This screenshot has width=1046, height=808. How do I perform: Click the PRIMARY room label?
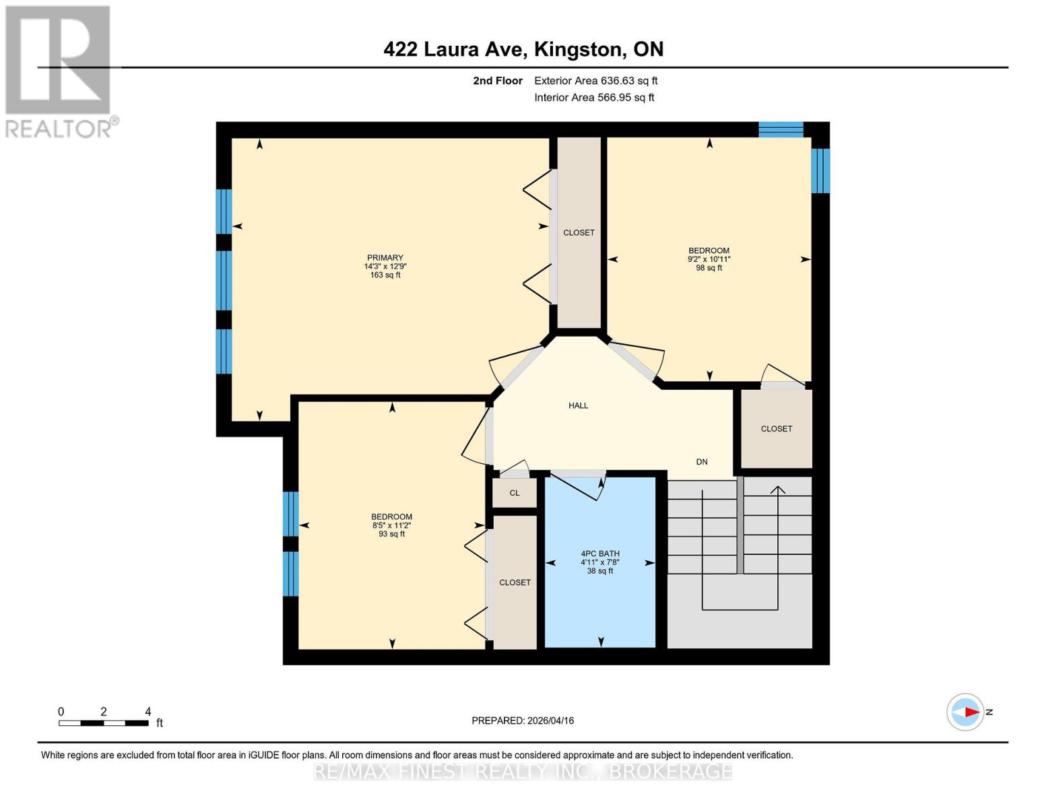point(385,258)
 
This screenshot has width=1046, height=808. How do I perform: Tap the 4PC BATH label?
point(599,553)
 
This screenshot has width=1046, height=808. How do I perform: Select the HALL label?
point(578,405)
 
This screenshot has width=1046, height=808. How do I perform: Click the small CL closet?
point(515,493)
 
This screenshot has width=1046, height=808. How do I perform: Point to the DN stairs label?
point(702,462)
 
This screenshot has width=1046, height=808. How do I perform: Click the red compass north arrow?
point(971,712)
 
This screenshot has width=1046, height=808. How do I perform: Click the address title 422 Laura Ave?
point(523,49)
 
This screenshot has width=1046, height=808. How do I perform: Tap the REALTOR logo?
point(59,71)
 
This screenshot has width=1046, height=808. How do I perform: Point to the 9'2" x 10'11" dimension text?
point(709,259)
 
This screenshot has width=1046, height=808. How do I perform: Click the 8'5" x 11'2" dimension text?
point(391,526)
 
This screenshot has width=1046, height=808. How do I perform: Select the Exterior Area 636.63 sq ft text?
point(595,81)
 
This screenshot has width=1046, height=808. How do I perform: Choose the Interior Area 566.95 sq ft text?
point(594,98)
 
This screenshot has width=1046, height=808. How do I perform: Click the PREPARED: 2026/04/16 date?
point(523,720)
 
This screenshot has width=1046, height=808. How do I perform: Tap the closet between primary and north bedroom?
point(579,232)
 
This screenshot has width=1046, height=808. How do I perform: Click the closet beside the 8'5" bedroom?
point(515,582)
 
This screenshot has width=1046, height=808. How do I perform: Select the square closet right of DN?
point(776,429)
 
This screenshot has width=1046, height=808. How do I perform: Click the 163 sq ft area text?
point(385,275)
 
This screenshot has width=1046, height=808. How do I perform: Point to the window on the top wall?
point(781,129)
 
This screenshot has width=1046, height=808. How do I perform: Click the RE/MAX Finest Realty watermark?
point(523,772)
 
